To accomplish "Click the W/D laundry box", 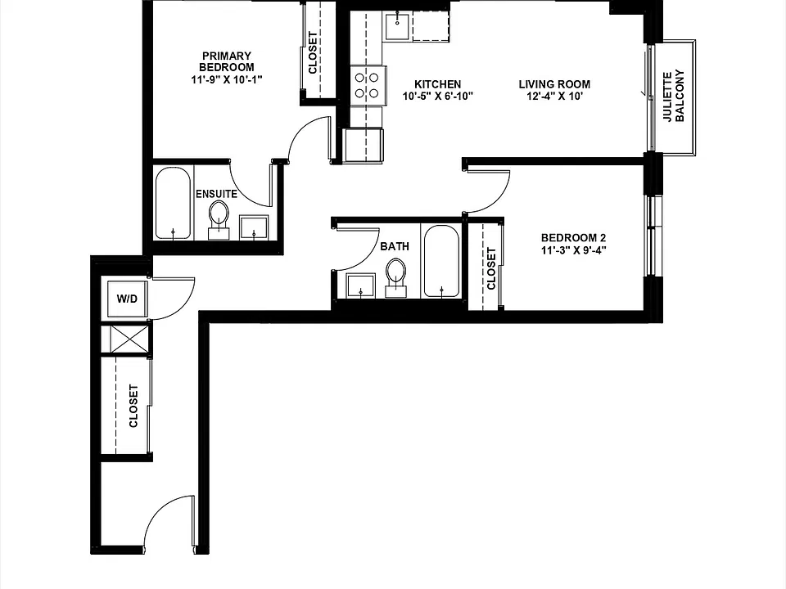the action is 128,299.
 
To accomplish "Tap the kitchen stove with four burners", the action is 368,86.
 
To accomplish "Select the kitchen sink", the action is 398,26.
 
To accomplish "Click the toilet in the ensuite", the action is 218,220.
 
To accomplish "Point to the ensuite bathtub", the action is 173,203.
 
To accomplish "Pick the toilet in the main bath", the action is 396,278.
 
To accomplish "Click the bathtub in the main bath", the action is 441,262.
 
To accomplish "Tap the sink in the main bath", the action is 360,286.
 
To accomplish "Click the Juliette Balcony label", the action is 674,97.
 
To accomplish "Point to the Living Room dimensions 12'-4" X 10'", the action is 554,97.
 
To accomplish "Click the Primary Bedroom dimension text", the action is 227,79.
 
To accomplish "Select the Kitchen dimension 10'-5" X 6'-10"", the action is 437,97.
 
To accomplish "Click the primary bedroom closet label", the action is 312,53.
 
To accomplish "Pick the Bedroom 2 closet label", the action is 490,269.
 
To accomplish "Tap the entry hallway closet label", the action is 133,407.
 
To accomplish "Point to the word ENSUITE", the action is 216,194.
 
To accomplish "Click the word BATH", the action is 395,246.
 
